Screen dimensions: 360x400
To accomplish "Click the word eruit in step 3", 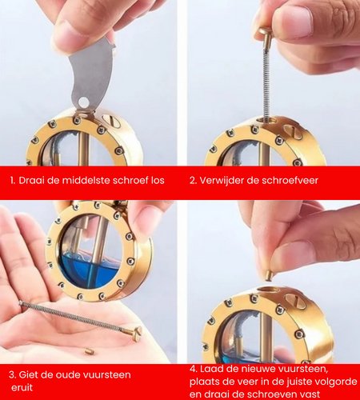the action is pos(22,387).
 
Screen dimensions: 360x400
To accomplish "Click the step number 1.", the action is pos(12,181).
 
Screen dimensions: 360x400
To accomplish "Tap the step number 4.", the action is pos(193,370).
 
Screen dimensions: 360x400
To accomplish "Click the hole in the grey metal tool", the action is pos(83,102).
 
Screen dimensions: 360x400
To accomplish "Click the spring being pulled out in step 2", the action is pos(266,80).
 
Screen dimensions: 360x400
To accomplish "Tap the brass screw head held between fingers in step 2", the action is pos(265,33).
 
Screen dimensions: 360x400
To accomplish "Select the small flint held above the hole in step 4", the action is pos(270,275).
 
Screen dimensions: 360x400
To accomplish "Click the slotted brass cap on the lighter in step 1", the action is pos(113,121).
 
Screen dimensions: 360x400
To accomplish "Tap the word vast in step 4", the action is pos(310,394).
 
